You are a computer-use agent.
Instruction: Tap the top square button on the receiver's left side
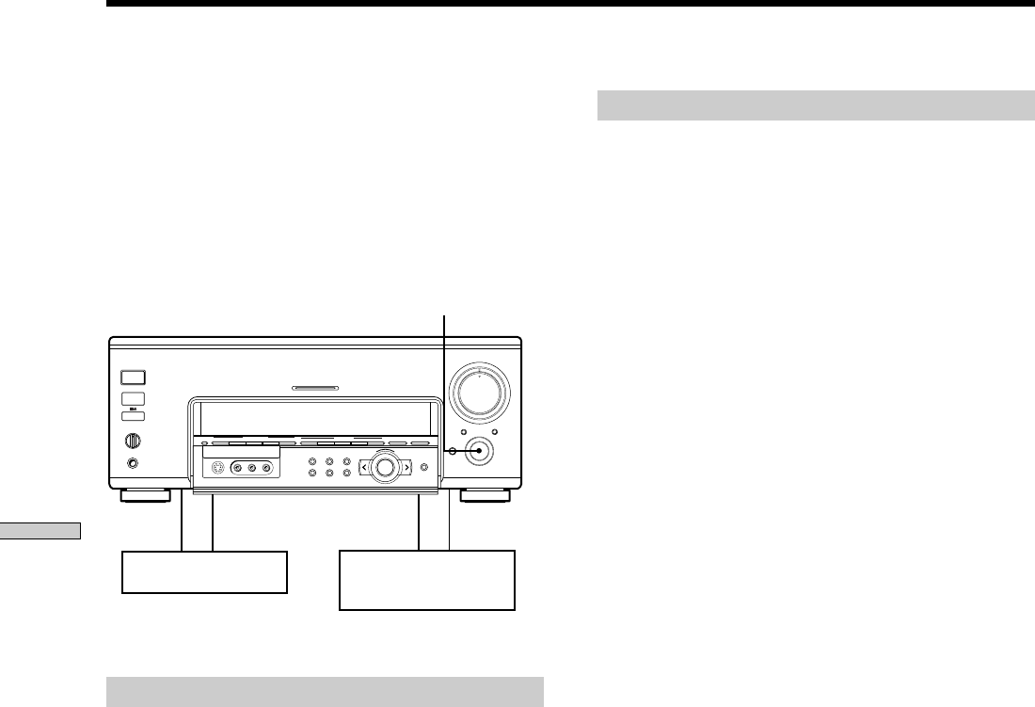coord(133,378)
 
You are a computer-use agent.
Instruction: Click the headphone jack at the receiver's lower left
coord(133,463)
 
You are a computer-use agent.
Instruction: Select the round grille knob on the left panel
coord(133,439)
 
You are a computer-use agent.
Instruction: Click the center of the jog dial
coord(384,467)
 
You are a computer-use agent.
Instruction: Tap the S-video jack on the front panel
coord(217,468)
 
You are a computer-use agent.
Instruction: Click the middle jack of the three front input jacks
coord(252,468)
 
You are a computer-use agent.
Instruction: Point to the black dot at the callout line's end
coord(480,452)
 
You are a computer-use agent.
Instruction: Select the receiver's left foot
coord(146,496)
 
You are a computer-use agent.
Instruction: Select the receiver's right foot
coord(486,496)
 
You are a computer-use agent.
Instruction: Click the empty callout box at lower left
coord(204,572)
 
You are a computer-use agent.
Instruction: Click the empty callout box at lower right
coord(427,580)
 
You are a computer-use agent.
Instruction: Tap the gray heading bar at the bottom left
coord(326,690)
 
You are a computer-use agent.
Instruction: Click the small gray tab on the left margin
coord(41,532)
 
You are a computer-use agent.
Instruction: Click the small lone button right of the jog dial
coord(425,468)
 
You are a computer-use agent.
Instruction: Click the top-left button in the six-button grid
coord(311,461)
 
